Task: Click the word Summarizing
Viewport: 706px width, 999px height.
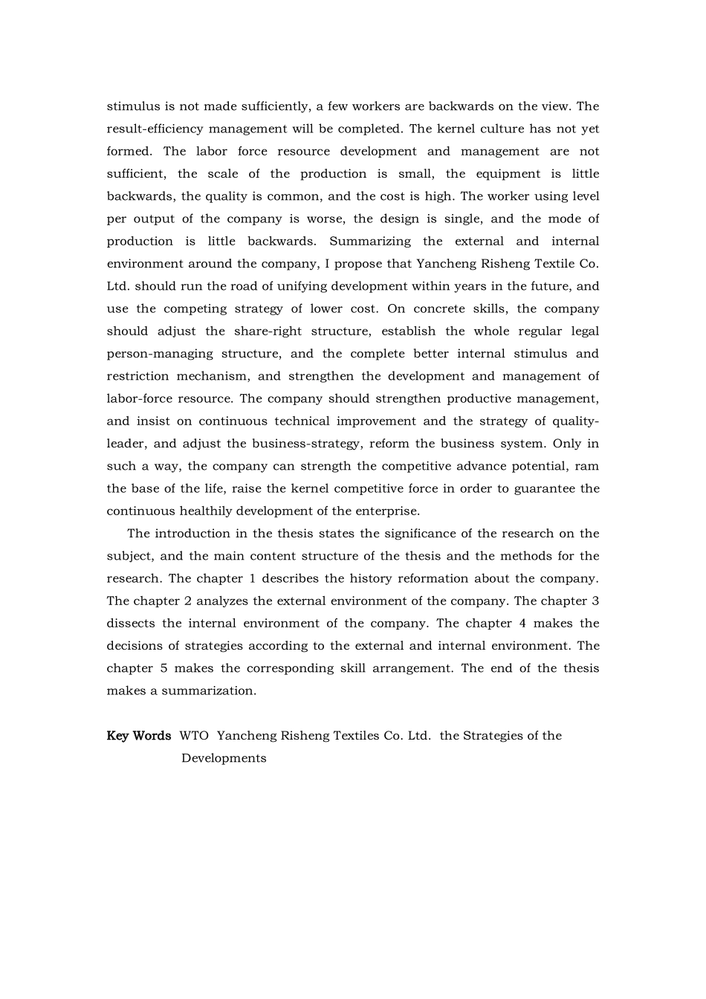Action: click(370, 242)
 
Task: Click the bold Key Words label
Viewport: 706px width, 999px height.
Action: click(139, 736)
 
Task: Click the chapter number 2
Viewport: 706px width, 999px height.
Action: click(188, 601)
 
